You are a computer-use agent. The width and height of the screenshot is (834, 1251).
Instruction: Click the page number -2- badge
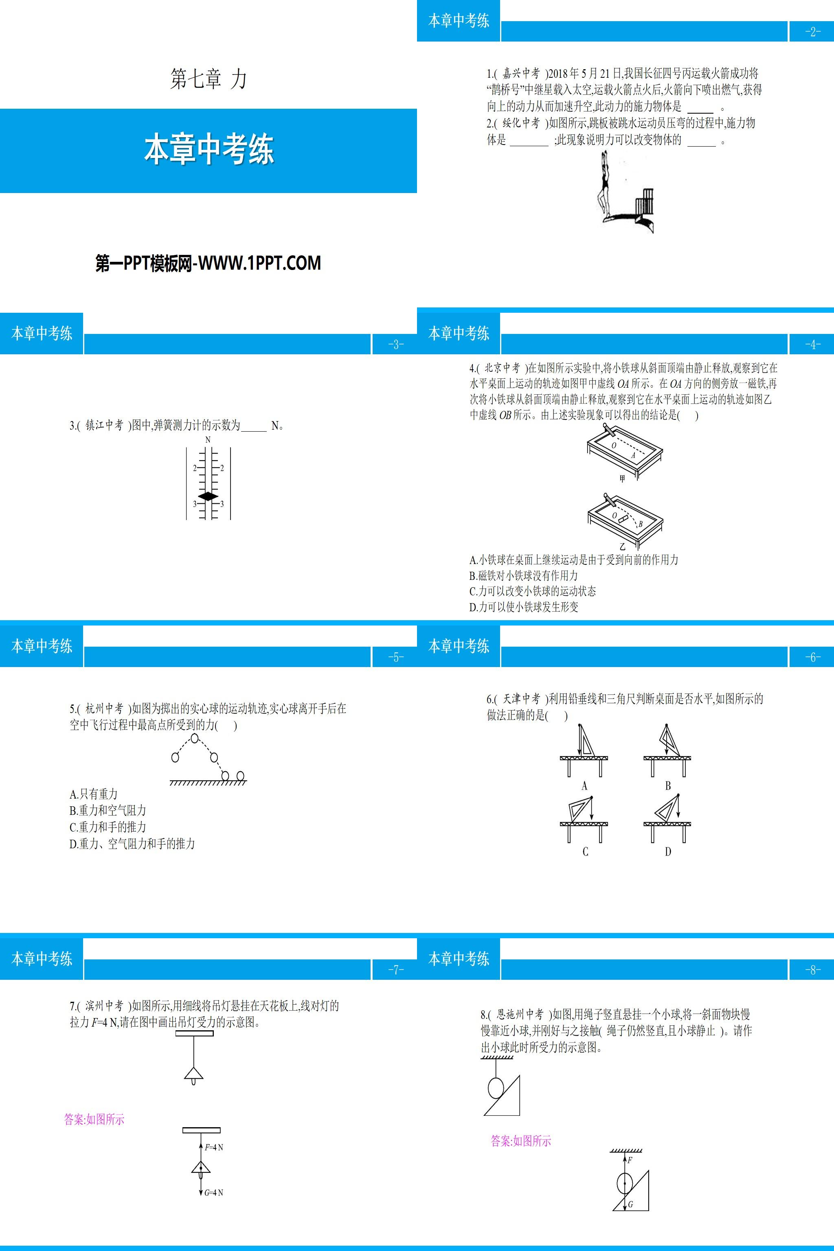tap(812, 31)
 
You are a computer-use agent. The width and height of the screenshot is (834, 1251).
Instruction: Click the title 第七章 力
tap(208, 79)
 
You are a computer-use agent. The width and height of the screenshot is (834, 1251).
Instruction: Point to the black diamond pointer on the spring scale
tap(208, 496)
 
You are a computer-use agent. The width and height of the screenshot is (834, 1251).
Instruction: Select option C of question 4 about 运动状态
tap(532, 591)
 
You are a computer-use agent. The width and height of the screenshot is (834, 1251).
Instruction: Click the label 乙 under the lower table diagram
tap(622, 546)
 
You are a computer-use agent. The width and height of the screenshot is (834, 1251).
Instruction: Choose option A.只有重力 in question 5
tap(94, 794)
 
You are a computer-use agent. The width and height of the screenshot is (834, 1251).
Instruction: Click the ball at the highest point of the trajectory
tap(195, 738)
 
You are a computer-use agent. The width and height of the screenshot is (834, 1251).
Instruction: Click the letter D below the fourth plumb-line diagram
tap(668, 852)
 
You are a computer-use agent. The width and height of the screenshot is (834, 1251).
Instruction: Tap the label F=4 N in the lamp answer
tap(214, 1147)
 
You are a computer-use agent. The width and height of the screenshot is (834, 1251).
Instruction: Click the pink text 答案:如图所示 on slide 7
tap(94, 1119)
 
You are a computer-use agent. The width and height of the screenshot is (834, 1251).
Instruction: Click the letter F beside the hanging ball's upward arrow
tap(630, 1160)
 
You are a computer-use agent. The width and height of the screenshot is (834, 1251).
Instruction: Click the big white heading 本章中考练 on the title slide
tap(208, 150)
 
